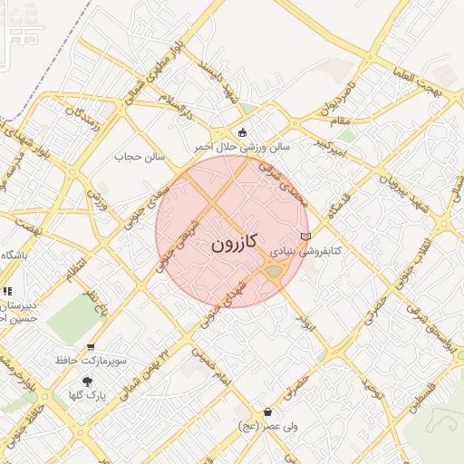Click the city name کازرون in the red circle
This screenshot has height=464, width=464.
tap(235, 243)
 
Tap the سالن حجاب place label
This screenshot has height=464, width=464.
tap(140, 157)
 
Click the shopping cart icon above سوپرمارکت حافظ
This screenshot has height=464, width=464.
tap(90, 347)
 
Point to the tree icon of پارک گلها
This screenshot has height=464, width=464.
tap(87, 382)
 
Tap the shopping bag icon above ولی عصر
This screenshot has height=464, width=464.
tap(267, 412)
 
